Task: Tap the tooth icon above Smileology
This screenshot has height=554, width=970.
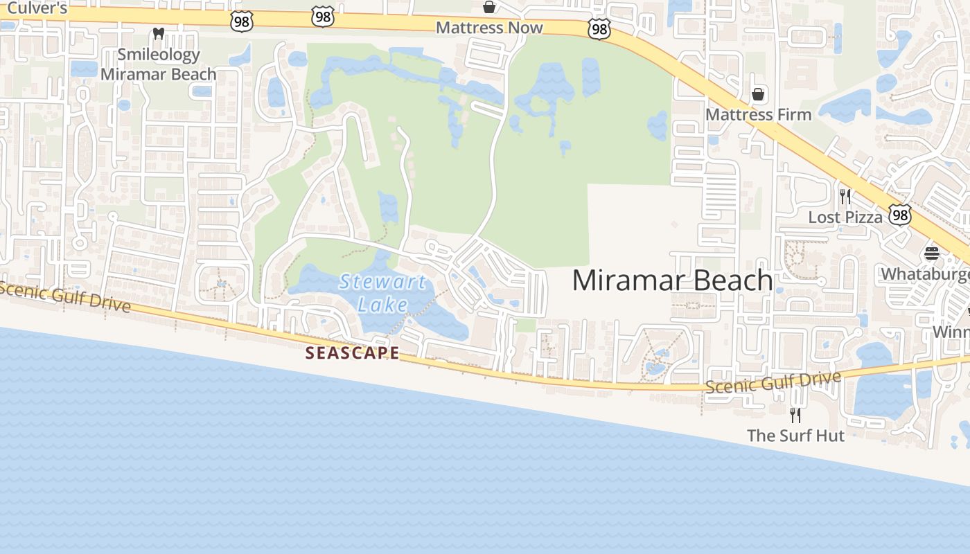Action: (x=158, y=33)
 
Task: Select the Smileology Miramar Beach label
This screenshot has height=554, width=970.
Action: (x=158, y=64)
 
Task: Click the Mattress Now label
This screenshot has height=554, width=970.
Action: (x=489, y=28)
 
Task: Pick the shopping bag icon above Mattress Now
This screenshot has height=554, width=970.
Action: (x=489, y=7)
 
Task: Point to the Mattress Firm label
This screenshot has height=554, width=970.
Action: (x=758, y=114)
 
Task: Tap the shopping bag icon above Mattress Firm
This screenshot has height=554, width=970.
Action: (x=758, y=93)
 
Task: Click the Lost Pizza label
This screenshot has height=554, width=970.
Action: (x=845, y=217)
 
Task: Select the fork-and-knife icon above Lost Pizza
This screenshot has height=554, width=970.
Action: (x=845, y=197)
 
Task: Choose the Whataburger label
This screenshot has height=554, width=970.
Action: (x=925, y=274)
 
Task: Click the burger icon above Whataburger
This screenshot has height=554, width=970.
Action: (x=931, y=253)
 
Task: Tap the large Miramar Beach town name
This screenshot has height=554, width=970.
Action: (x=672, y=280)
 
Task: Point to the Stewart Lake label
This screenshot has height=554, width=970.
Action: (x=383, y=292)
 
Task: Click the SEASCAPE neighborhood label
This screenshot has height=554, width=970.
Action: (x=353, y=353)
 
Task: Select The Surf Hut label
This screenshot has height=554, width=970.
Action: (x=795, y=436)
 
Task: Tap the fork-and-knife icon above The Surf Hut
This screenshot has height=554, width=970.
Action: (x=795, y=415)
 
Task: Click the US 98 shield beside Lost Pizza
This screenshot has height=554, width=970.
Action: (x=899, y=215)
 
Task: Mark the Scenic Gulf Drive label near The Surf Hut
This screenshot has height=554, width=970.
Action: (x=773, y=382)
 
